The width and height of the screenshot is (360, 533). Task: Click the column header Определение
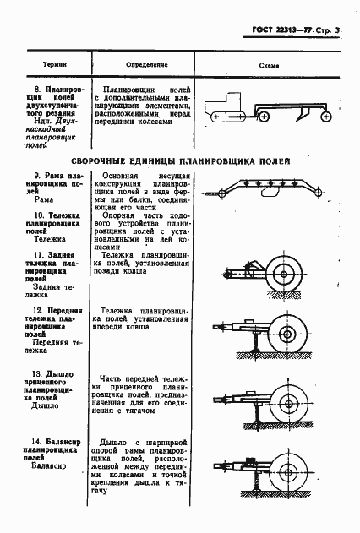point(148,64)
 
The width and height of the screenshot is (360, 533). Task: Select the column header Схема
point(272,64)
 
